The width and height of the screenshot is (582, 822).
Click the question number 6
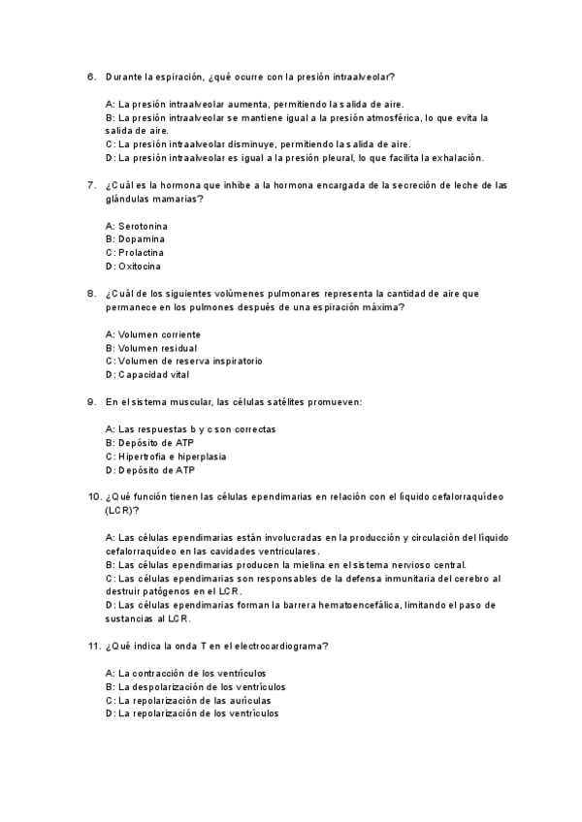[x=90, y=76]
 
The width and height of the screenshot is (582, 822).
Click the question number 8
[x=90, y=293]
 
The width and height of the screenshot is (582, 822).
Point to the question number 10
[x=93, y=497]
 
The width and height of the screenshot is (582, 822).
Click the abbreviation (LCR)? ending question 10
[x=122, y=510]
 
